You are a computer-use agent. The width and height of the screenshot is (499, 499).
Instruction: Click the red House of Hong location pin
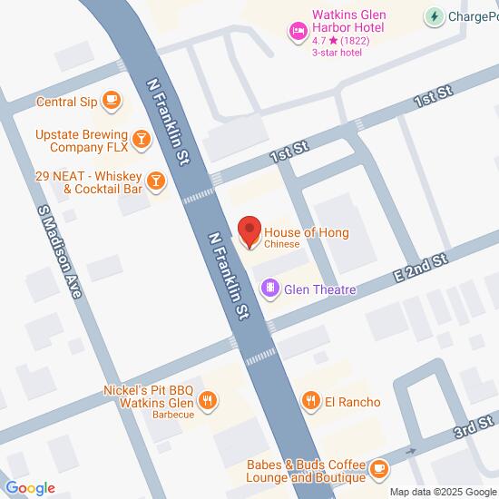coord(249,231)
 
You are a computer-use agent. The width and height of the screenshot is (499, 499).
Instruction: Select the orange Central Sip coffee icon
coord(112,100)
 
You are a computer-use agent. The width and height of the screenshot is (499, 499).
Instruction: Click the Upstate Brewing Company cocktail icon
coord(141,139)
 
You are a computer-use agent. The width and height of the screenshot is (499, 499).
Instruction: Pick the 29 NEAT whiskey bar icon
coord(156,180)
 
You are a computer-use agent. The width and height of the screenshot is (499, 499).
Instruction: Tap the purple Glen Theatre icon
coord(269,289)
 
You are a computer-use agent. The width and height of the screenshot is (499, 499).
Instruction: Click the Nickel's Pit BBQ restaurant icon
coord(208,399)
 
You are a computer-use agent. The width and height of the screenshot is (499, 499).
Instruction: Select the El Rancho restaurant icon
coord(311,401)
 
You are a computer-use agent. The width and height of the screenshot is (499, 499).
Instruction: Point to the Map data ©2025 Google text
coord(442,492)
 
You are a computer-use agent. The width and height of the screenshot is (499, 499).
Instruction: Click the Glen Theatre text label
coord(319,289)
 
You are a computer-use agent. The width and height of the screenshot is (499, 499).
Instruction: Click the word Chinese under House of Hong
coord(282,245)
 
